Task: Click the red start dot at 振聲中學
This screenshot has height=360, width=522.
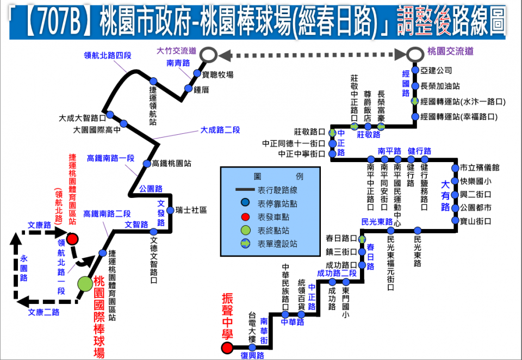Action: click(227, 348)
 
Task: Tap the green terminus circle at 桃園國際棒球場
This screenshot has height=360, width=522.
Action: click(85, 283)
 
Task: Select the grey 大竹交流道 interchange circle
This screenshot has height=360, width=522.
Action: click(209, 54)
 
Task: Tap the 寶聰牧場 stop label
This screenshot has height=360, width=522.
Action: click(217, 75)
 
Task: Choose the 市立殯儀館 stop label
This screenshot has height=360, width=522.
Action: click(479, 167)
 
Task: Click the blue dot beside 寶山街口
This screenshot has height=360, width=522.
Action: click(456, 221)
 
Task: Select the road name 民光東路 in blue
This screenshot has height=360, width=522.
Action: click(377, 221)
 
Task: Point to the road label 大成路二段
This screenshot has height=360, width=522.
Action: click(220, 130)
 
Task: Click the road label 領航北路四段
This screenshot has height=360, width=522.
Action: click(108, 55)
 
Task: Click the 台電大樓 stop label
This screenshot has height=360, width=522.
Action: click(252, 327)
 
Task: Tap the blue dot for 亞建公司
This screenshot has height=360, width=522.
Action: click(415, 70)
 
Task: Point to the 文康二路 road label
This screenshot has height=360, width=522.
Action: click(43, 312)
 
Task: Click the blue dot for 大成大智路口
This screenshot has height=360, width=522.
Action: click(109, 114)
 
